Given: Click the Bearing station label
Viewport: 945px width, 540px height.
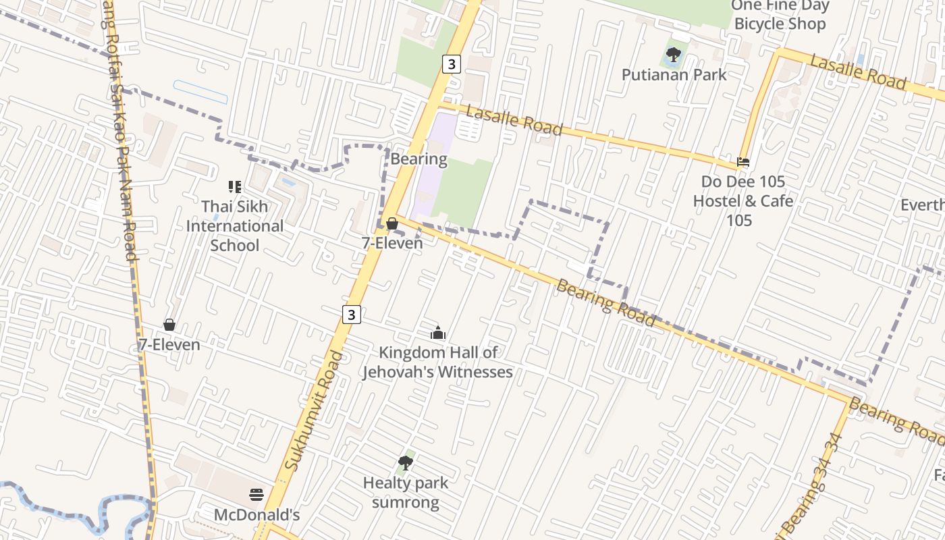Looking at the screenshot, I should [x=418, y=159].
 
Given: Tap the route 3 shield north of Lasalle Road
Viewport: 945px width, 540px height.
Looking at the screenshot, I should [x=452, y=64].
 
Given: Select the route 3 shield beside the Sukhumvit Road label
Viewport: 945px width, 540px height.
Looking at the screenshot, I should [x=351, y=314].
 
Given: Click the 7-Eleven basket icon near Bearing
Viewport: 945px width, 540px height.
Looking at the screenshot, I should [x=391, y=223].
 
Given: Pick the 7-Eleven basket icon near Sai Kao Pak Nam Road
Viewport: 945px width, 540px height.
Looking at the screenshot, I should [x=169, y=325].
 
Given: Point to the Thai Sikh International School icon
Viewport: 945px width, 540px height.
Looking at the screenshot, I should [x=234, y=187].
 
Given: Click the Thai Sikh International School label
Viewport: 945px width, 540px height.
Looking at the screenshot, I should [x=234, y=225].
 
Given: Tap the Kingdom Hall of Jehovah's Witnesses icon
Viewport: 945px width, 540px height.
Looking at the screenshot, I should [x=438, y=333].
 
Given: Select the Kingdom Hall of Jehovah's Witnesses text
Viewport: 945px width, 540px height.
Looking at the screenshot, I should [x=437, y=362].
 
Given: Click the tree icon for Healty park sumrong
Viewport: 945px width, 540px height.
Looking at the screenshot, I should [x=406, y=463].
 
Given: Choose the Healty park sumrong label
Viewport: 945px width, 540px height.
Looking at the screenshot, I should [x=405, y=493].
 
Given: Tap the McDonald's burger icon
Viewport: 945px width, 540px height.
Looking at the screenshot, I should [x=256, y=495].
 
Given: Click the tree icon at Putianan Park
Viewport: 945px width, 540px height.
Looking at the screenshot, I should [x=673, y=55].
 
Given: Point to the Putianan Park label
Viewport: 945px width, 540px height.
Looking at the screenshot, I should [x=674, y=74].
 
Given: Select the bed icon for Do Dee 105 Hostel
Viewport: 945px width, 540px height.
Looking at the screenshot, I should [x=743, y=162].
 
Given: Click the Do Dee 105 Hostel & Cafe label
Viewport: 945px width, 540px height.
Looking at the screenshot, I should [x=742, y=200].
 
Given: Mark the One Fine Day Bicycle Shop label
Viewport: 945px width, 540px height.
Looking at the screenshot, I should [x=780, y=15].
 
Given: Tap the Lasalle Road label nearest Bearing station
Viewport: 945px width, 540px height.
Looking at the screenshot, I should [x=514, y=120].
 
